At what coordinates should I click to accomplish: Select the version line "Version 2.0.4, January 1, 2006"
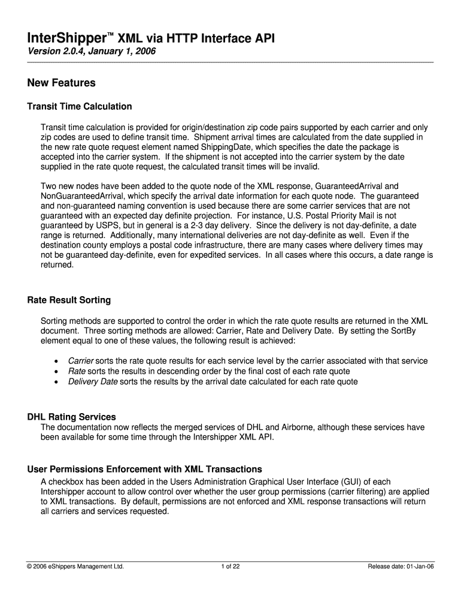click(x=92, y=52)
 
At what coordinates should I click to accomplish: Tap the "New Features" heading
click(x=62, y=83)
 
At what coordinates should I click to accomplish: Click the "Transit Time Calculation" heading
click(x=80, y=106)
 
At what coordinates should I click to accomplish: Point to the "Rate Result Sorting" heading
click(x=69, y=300)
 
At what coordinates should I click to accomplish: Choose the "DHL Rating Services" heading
click(x=72, y=417)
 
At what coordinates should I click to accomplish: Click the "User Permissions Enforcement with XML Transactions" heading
click(x=145, y=469)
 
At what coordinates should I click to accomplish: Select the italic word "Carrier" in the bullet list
click(x=81, y=361)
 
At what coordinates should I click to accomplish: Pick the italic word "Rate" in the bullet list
click(x=77, y=371)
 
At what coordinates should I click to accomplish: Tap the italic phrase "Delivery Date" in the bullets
click(x=93, y=381)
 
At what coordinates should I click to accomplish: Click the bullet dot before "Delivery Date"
click(x=56, y=382)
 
